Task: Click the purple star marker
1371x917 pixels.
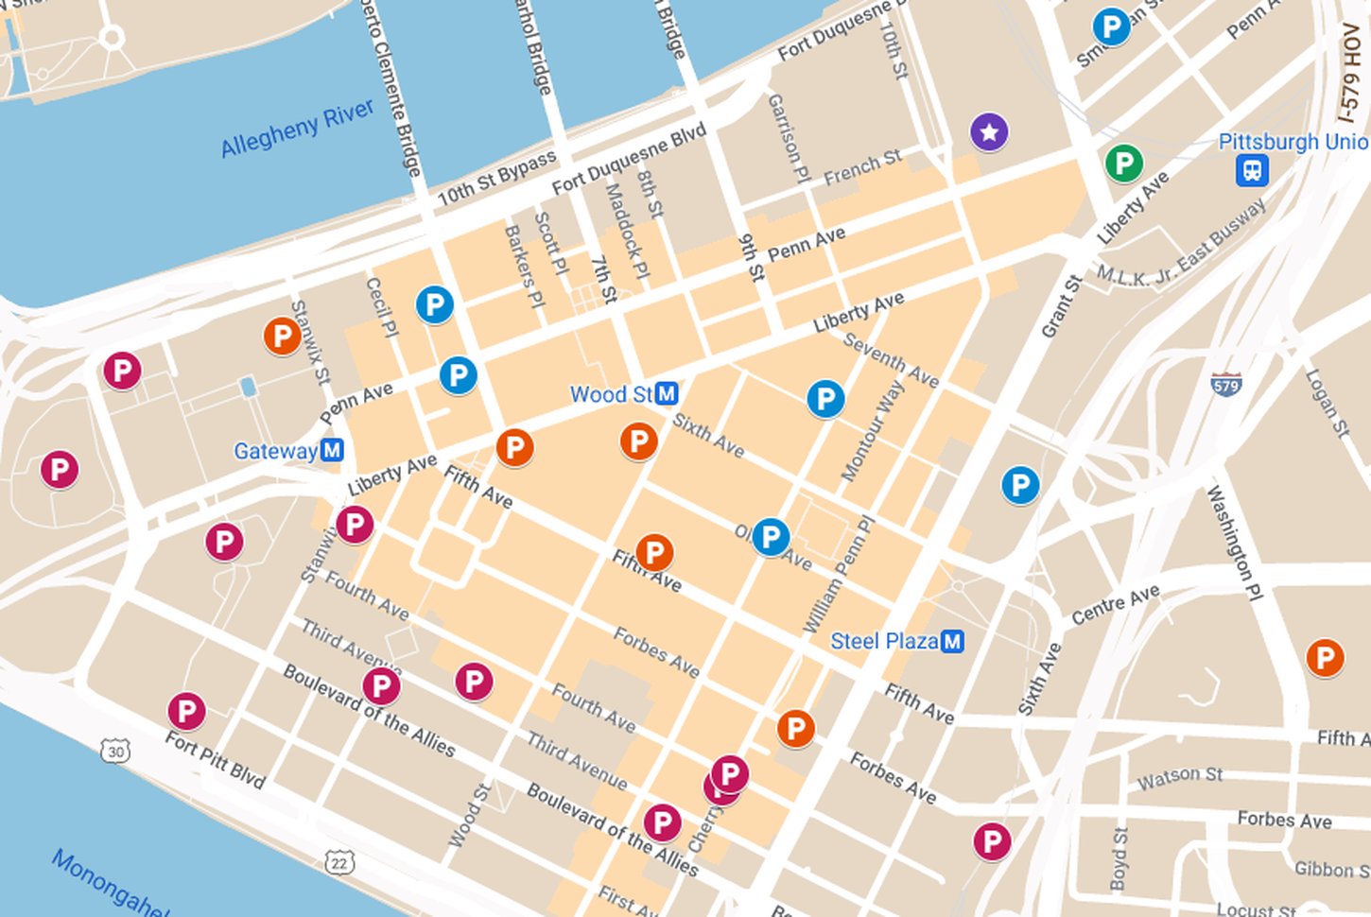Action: (989, 132)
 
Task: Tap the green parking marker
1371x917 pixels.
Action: (1123, 164)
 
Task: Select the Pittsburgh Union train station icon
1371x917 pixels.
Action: (1252, 171)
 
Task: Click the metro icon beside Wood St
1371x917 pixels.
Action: (667, 393)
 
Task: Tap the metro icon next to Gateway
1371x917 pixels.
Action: (331, 450)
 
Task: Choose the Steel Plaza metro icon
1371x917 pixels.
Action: (952, 641)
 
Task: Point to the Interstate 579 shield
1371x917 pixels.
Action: (1226, 385)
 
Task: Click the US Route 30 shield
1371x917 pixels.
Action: (115, 752)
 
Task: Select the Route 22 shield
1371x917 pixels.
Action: (338, 861)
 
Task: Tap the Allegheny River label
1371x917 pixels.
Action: (297, 129)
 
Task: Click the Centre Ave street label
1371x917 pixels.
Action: (1115, 605)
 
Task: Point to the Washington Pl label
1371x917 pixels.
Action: (1235, 543)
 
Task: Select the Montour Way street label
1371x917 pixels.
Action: (865, 430)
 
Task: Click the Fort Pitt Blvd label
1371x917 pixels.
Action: (216, 760)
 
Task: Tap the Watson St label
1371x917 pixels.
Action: (1179, 777)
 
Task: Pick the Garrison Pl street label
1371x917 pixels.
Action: (789, 137)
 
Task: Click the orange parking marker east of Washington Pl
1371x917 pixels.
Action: (1324, 657)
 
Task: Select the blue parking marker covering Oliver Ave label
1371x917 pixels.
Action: (771, 537)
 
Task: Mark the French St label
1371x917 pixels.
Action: (861, 167)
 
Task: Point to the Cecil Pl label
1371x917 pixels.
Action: (382, 307)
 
